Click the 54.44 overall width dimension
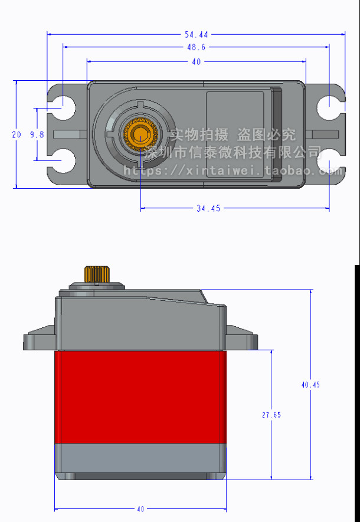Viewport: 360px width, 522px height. [197, 35]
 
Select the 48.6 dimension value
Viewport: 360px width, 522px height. [197, 47]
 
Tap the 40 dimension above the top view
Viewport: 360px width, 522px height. [197, 61]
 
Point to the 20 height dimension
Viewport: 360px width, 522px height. [17, 134]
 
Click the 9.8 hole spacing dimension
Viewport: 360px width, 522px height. [37, 134]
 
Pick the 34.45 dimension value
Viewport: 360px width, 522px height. [207, 208]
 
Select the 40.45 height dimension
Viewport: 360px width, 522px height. [310, 385]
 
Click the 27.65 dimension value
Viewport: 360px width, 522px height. [271, 415]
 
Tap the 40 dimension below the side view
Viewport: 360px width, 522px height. [140, 509]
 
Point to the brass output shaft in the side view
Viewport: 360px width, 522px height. [97, 274]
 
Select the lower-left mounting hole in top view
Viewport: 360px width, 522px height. [62, 160]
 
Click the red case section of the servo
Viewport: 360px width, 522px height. [140, 396]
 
